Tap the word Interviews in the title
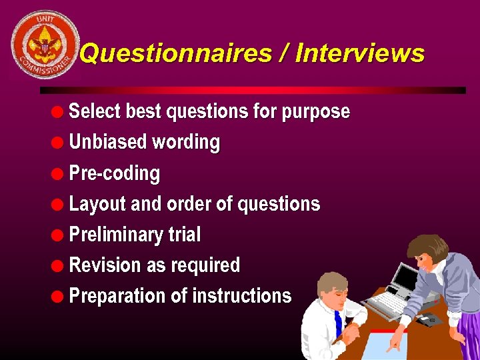359,53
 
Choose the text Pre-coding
115,173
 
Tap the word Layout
97,204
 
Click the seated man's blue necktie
338,323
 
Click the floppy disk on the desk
429,320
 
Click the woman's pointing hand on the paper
395,343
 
